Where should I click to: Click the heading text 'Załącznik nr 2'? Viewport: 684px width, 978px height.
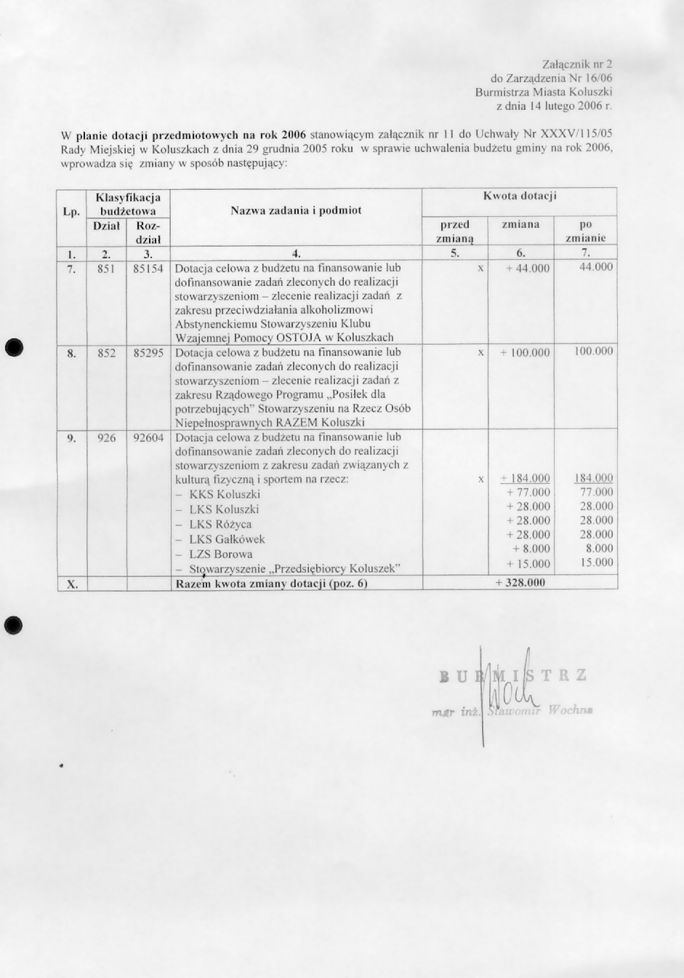(x=577, y=65)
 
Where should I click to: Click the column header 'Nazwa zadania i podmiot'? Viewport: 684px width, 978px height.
(x=296, y=211)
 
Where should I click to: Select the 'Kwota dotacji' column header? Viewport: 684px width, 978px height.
(x=519, y=196)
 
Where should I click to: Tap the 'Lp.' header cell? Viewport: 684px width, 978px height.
(x=71, y=212)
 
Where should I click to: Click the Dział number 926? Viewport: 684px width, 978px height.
(x=107, y=438)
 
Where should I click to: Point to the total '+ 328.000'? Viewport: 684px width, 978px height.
(x=519, y=583)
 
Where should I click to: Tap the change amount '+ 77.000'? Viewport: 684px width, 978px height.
(x=528, y=493)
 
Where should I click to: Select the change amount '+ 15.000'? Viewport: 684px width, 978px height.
(x=528, y=564)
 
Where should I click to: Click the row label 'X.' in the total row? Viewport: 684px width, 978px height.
(x=71, y=584)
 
